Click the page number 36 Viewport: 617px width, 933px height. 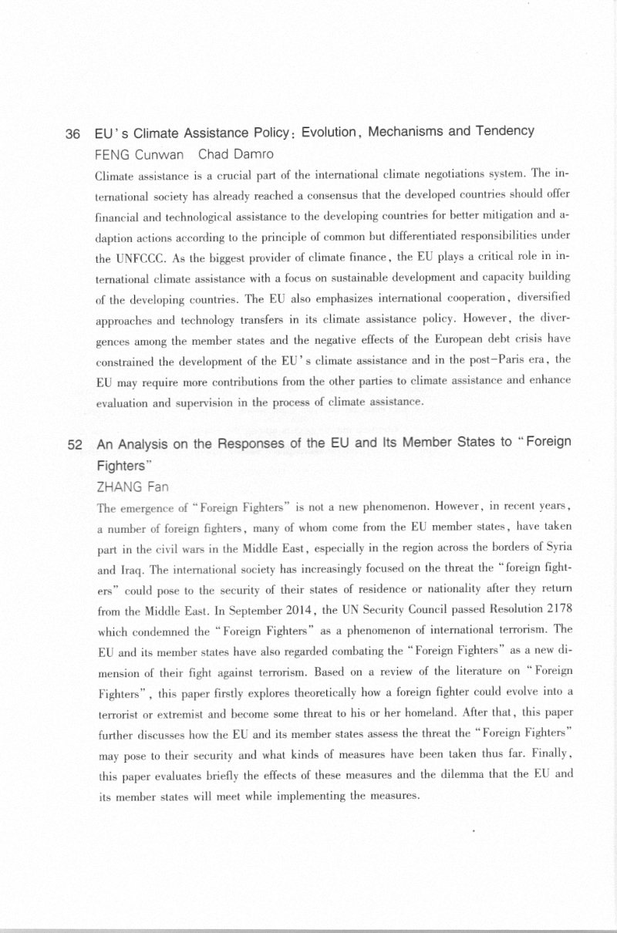point(72,134)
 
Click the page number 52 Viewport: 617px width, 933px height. point(75,445)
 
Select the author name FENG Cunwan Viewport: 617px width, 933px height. point(139,154)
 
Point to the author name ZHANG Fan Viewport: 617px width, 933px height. point(132,487)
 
